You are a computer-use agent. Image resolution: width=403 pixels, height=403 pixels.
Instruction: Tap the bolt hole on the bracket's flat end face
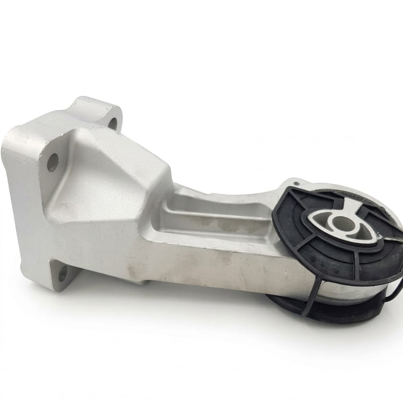coord(52,162)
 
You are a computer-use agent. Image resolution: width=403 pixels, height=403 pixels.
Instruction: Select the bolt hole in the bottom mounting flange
coord(63,274)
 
